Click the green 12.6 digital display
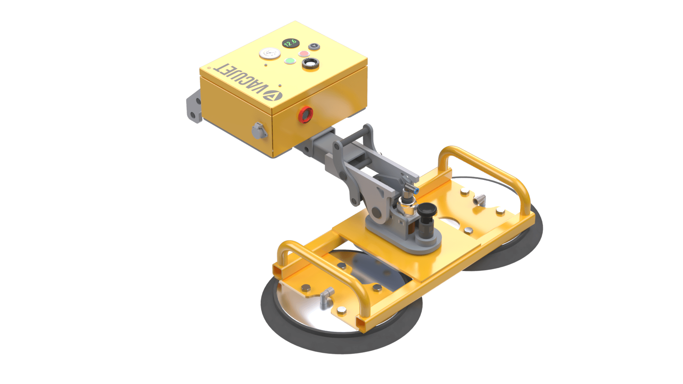(x=291, y=43)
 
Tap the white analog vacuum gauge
(x=270, y=54)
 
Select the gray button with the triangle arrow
(x=314, y=47)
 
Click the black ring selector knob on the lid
(x=310, y=64)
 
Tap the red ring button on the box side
(x=305, y=114)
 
